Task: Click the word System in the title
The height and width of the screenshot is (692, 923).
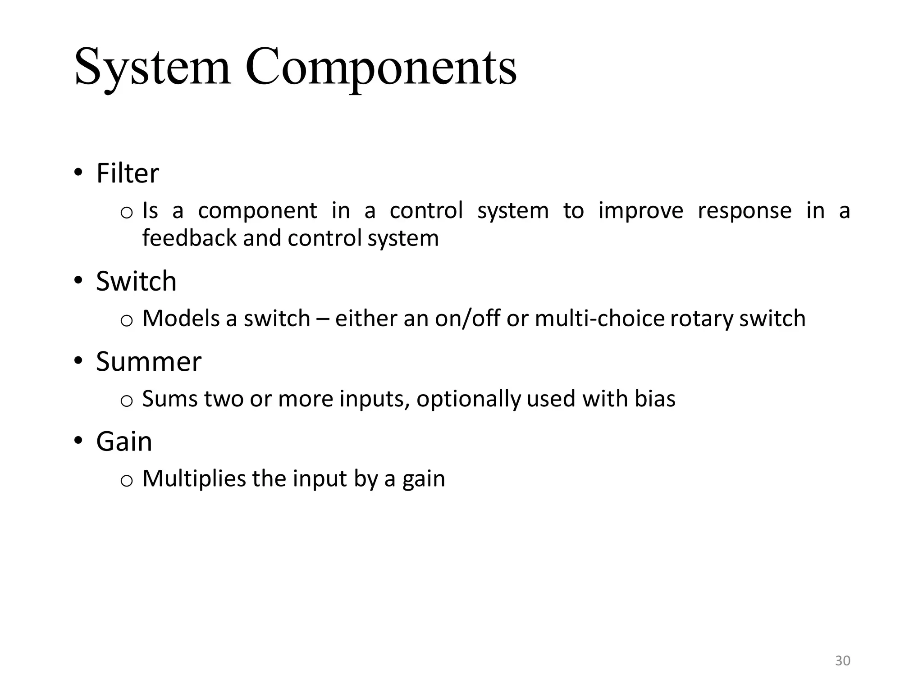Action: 152,68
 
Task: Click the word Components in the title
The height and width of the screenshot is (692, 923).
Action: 381,68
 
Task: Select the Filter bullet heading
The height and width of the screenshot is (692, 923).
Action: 128,173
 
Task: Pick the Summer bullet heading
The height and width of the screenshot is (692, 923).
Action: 149,361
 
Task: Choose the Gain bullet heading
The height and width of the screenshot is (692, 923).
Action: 124,442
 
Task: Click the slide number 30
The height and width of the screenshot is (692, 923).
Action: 842,661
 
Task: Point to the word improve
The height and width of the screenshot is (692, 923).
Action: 640,211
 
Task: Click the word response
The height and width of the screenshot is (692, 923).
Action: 745,211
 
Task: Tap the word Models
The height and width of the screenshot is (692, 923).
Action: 181,319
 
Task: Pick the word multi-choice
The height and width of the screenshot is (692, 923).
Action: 599,319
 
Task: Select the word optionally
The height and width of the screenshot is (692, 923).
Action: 468,399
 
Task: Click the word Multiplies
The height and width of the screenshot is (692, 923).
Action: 194,478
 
